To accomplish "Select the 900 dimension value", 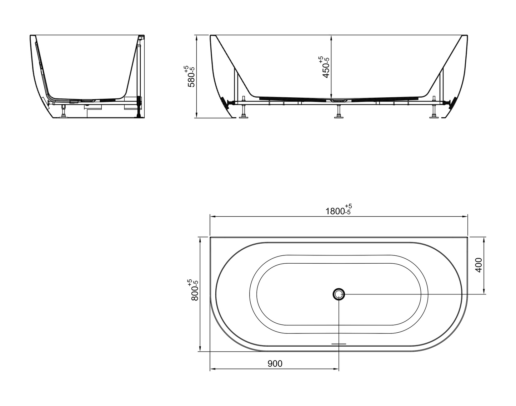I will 275,364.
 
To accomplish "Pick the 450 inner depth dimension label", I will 326,69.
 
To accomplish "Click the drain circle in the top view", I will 339,294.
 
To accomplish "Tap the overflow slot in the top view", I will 339,344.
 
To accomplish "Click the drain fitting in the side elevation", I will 338,101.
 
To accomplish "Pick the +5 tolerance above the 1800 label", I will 349,206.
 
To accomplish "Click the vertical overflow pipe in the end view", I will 138,79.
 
